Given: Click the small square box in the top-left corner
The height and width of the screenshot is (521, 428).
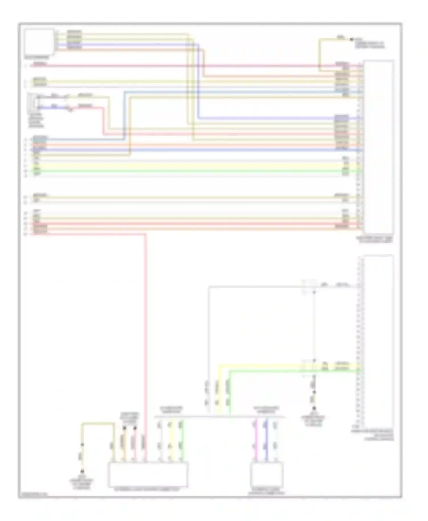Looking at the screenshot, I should click(x=39, y=42).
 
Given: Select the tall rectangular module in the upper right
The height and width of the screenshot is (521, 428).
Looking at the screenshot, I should click(x=378, y=147).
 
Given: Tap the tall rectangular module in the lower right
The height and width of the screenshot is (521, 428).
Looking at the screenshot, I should click(x=378, y=341).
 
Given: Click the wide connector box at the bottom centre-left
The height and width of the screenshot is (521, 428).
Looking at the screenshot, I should click(x=148, y=475).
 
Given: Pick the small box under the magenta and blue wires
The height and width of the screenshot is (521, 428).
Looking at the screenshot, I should click(x=267, y=475).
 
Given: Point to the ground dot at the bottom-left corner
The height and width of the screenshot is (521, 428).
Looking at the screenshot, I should click(x=82, y=472).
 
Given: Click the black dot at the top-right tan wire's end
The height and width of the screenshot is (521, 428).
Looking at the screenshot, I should click(x=352, y=39).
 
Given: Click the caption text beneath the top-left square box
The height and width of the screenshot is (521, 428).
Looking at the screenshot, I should click(x=37, y=58).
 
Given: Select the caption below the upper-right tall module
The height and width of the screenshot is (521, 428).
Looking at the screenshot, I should click(x=375, y=239).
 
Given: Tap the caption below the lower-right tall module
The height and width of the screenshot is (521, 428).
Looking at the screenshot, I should click(x=372, y=435).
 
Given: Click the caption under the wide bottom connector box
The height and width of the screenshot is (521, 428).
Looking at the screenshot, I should click(x=148, y=489).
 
